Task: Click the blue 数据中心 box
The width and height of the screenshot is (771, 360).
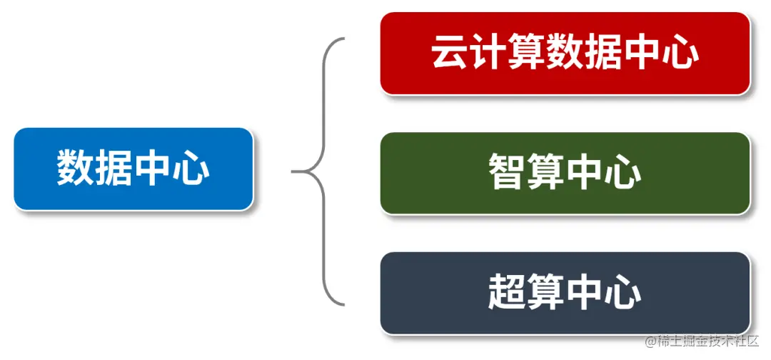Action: point(133,169)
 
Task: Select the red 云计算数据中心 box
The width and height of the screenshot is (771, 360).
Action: point(565,53)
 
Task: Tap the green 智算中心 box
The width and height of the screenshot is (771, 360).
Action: point(565,173)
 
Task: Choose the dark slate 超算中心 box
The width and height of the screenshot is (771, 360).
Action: point(565,292)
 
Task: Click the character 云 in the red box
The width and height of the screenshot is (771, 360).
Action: point(448,53)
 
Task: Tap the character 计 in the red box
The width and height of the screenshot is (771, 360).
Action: point(488,53)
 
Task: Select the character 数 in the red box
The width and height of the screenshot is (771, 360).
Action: point(565,53)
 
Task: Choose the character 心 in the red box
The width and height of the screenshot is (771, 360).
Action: point(680,53)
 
